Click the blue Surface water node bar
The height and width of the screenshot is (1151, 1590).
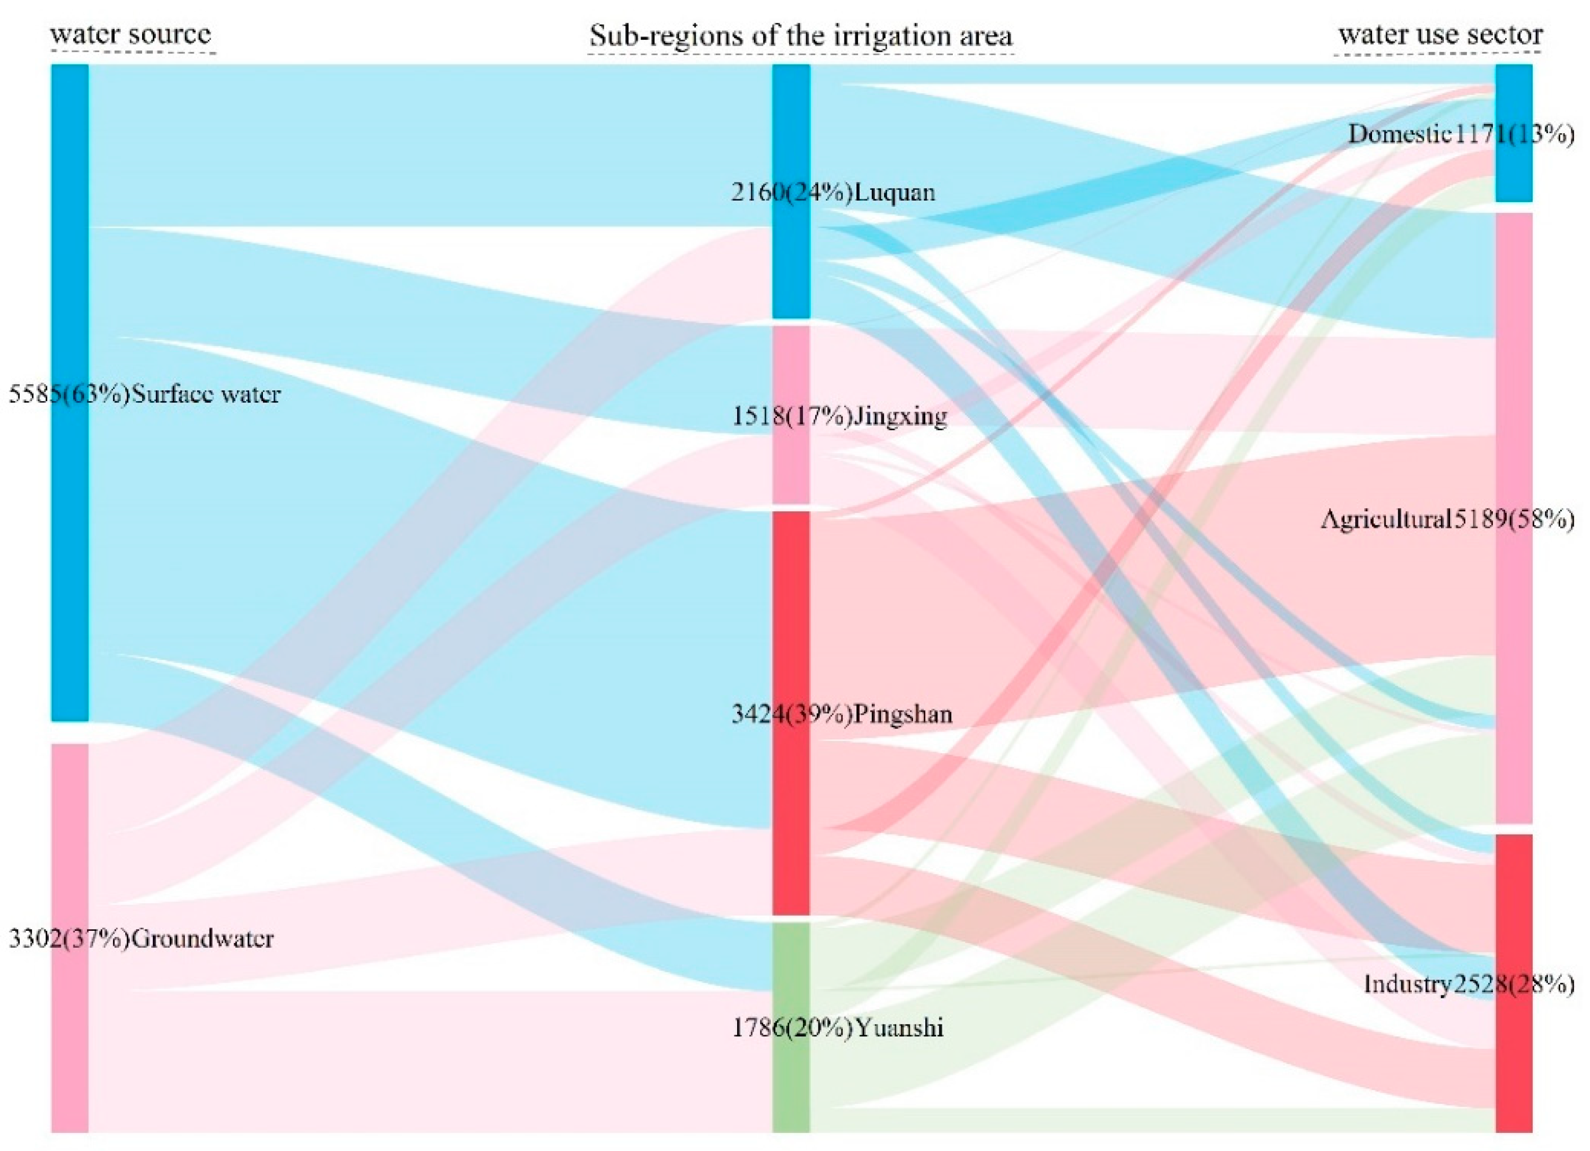click(x=70, y=280)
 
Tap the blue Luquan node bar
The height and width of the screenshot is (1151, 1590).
click(x=791, y=266)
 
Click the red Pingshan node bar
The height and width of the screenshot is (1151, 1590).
click(x=791, y=631)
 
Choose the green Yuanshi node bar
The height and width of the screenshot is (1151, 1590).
click(x=791, y=1086)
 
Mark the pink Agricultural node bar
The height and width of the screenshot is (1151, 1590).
click(x=1514, y=351)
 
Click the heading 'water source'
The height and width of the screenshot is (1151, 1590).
click(x=131, y=34)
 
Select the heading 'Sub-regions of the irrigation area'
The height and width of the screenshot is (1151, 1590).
click(x=801, y=35)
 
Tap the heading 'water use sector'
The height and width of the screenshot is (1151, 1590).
click(x=1441, y=34)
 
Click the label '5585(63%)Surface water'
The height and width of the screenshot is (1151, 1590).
click(x=144, y=394)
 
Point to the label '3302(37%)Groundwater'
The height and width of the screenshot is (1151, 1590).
click(x=141, y=938)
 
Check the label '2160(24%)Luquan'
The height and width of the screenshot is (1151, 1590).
click(x=833, y=192)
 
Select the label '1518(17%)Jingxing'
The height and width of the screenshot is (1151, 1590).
click(x=839, y=416)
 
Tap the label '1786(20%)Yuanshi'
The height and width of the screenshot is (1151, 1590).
click(x=838, y=1027)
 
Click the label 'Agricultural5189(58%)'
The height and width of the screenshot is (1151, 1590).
click(x=1448, y=518)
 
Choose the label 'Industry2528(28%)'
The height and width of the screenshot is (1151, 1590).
click(x=1469, y=984)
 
